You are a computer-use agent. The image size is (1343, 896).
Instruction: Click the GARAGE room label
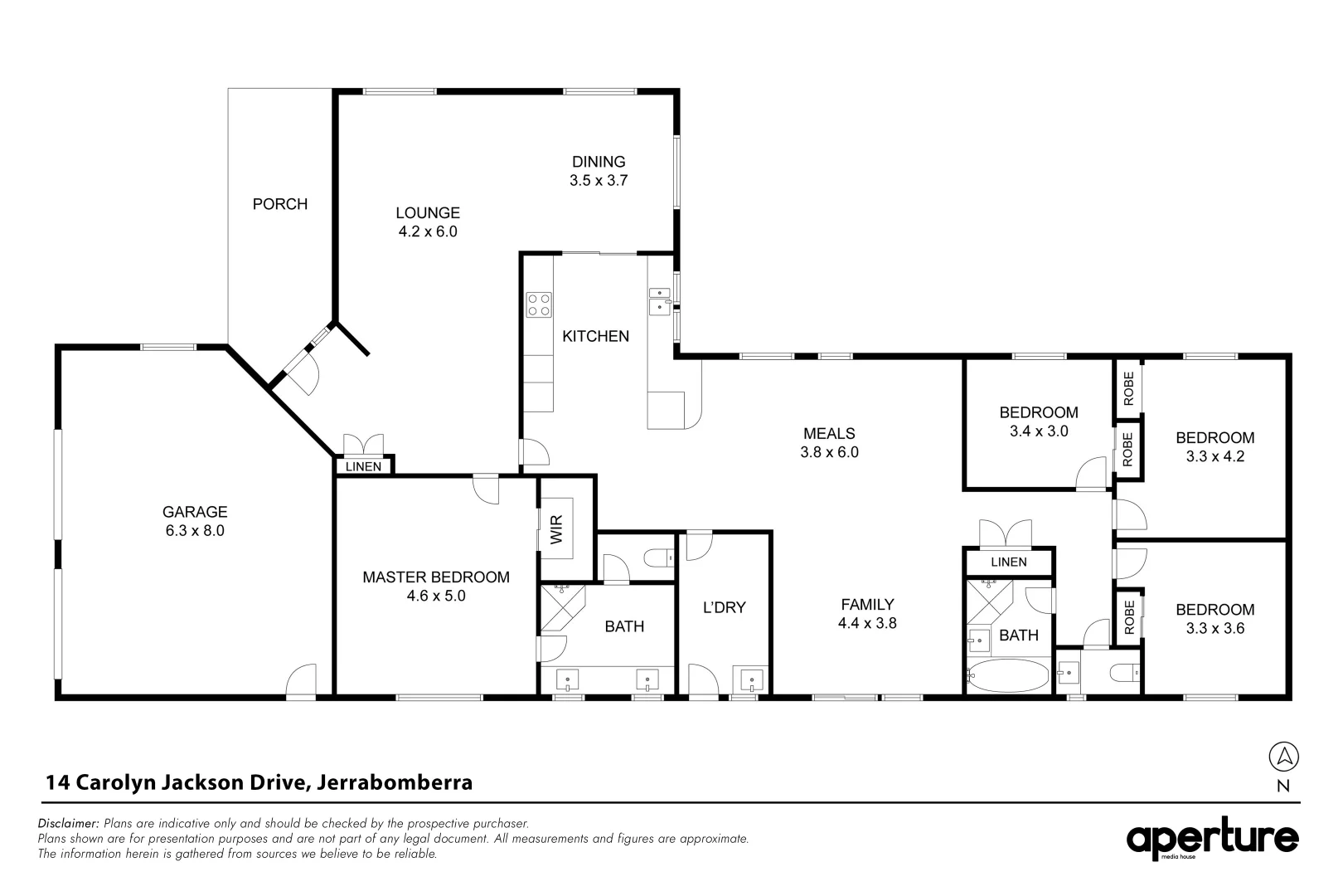[194, 512]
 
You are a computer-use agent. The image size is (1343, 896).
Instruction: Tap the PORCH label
[279, 204]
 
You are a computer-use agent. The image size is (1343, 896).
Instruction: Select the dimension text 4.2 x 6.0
[427, 232]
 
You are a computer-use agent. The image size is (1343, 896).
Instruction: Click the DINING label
[598, 162]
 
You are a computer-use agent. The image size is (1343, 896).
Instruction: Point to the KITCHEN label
[595, 336]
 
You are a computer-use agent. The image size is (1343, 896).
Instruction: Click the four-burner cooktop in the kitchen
[539, 304]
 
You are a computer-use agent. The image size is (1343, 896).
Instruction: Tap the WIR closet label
[556, 530]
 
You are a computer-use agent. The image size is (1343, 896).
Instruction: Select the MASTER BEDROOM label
[435, 577]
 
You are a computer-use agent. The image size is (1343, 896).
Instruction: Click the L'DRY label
[724, 607]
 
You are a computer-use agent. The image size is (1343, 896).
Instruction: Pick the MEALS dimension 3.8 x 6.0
[829, 453]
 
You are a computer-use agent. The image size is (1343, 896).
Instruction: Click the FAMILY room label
[866, 605]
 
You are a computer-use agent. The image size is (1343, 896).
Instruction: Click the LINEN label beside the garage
[363, 467]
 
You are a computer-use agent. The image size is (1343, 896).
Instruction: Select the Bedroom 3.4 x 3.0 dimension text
[1038, 431]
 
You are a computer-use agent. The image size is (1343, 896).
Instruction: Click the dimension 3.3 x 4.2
[1215, 456]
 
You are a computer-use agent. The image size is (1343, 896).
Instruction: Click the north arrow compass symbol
[1283, 757]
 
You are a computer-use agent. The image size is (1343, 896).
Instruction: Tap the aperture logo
[1211, 840]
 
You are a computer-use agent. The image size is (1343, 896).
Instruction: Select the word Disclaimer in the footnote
[68, 824]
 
